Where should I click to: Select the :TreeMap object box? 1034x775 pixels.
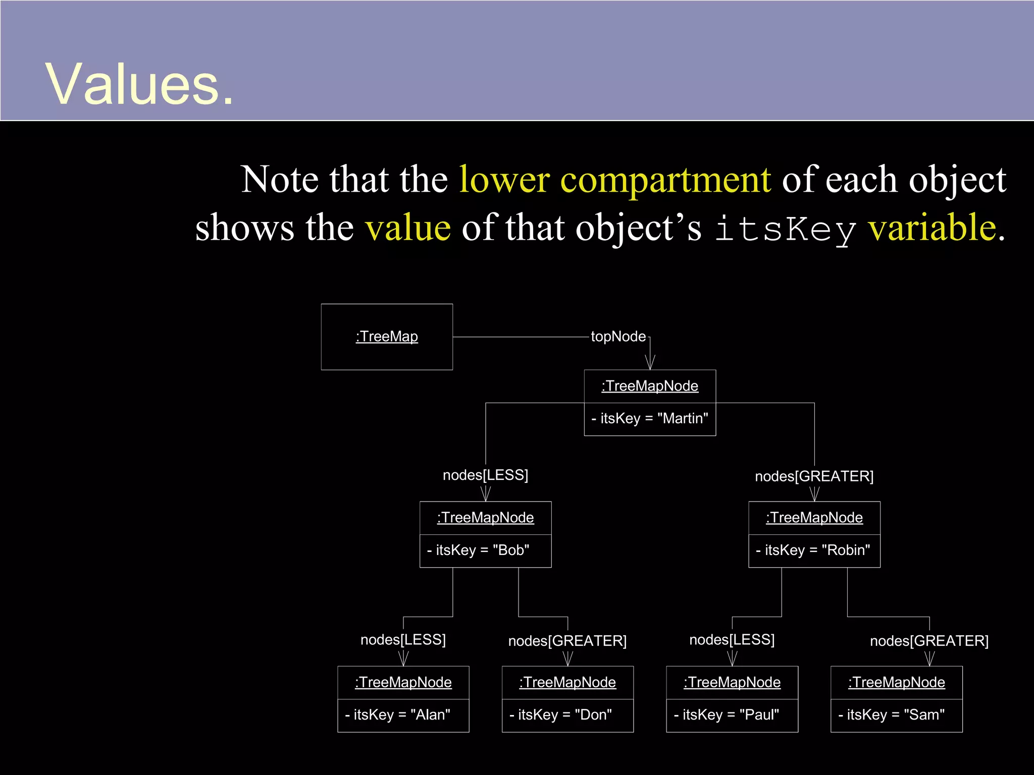coord(387,337)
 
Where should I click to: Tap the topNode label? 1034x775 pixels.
coord(618,337)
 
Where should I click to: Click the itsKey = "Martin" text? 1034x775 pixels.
coord(650,419)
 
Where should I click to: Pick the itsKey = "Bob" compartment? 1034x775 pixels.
coord(485,550)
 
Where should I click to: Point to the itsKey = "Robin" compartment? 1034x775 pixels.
coord(814,550)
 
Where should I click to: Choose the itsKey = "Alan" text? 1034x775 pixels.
coord(398,715)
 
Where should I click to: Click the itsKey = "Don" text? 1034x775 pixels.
coord(561,715)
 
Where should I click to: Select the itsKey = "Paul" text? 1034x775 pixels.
coord(727,715)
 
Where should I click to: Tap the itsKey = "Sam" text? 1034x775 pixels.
coord(892,715)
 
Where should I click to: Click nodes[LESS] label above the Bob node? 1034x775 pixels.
coord(485,475)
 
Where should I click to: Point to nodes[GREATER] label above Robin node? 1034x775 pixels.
coord(814,476)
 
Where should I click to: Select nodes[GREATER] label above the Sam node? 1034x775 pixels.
coord(929,641)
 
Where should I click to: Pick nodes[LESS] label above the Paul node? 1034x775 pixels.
coord(732,640)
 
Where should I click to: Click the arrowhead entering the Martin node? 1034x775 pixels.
coord(650,363)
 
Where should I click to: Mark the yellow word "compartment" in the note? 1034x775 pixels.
coord(665,180)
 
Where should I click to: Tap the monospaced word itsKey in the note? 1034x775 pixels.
coord(786,229)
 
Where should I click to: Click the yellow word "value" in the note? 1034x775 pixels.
coord(408,228)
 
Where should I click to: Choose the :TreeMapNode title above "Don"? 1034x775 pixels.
coord(567,683)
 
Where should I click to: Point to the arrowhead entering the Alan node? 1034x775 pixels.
coord(403,659)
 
